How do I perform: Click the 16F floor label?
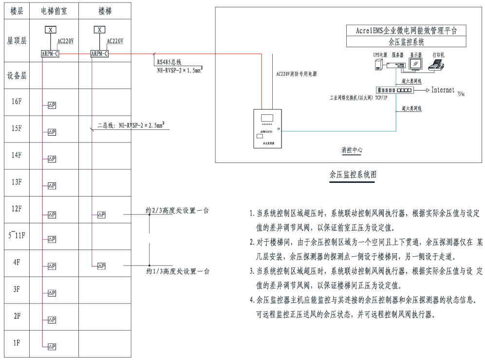tap(16, 102)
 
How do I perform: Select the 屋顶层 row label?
tap(16, 42)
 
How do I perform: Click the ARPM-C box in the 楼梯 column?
tap(100, 54)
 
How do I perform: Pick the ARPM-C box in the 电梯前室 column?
tap(50, 54)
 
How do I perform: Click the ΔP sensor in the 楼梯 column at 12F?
tap(101, 215)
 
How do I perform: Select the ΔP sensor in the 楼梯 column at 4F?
tap(101, 266)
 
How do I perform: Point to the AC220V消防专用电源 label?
tap(292, 74)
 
